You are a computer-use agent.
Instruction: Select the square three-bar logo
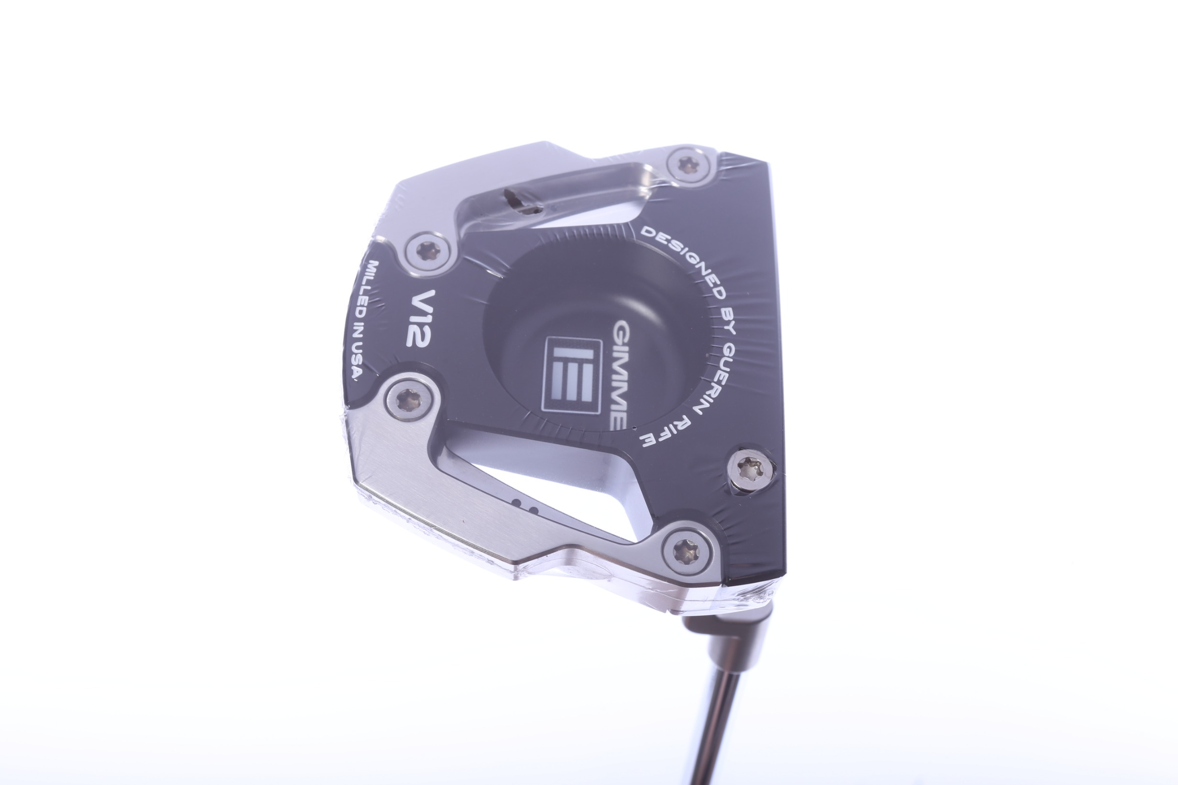572,375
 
